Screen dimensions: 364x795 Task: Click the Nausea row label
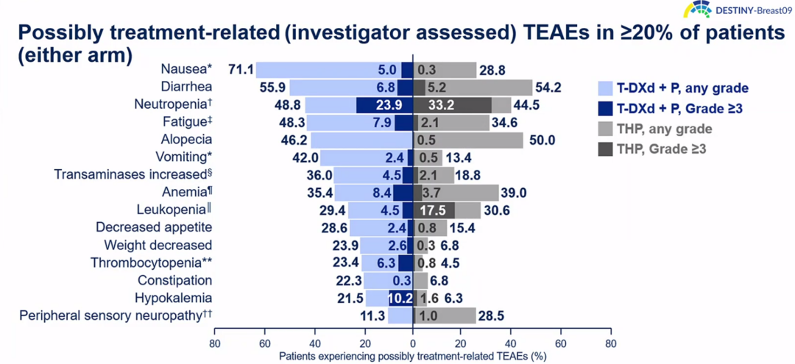(x=186, y=70)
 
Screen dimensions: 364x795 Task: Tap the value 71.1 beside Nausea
(x=241, y=70)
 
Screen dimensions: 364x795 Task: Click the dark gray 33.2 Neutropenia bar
(x=452, y=105)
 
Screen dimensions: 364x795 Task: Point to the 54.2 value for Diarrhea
(x=549, y=88)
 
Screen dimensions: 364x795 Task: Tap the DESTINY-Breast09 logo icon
(x=696, y=10)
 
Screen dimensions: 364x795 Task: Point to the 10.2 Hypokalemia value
(x=400, y=298)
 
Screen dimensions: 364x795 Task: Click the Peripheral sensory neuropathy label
(x=121, y=315)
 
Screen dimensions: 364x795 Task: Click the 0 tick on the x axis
(x=413, y=343)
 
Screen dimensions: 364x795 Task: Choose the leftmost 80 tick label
(x=215, y=343)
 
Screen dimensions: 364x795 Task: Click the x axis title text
(x=412, y=356)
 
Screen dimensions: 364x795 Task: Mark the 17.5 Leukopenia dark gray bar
(x=434, y=210)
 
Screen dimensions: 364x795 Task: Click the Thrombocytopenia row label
(x=151, y=263)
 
